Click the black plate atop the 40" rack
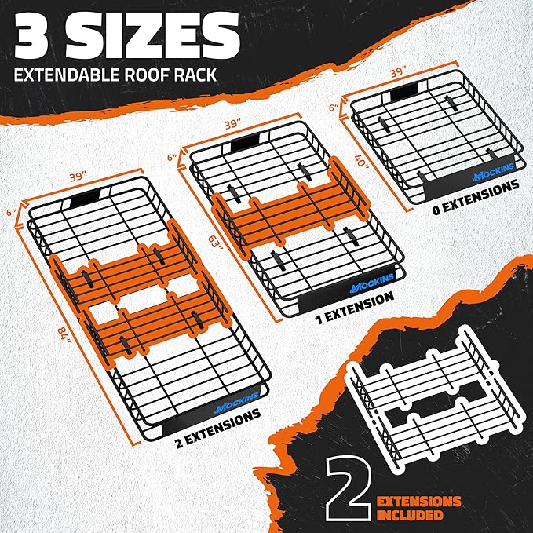[x=408, y=93]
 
